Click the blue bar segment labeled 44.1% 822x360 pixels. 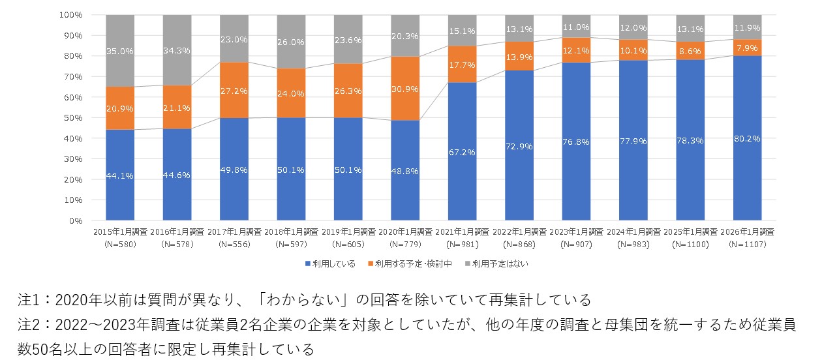point(119,175)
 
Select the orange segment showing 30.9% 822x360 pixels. point(405,88)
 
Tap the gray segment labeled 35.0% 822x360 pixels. point(119,50)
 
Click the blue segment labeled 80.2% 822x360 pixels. point(747,138)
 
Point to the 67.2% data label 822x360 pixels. point(462,152)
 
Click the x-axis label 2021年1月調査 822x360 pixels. point(462,232)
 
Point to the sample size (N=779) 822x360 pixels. point(405,244)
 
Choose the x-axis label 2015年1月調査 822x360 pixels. point(120,232)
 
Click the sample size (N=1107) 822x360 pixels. point(747,244)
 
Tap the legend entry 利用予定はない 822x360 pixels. point(497,263)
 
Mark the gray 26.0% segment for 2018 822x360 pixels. point(291,42)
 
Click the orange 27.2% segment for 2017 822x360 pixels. point(234,90)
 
